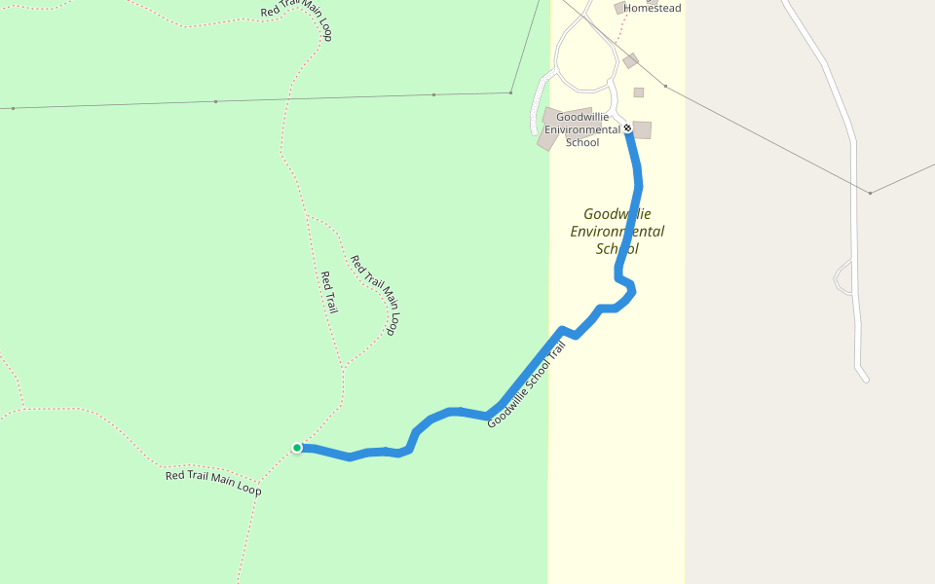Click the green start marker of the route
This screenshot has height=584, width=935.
[x=297, y=448]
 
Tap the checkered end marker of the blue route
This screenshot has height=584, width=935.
[x=628, y=128]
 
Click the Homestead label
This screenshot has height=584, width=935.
[x=652, y=8]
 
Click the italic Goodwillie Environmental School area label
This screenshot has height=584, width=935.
[x=617, y=231]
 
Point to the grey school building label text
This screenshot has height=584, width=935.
[x=582, y=129]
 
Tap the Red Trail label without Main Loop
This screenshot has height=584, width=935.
[x=329, y=292]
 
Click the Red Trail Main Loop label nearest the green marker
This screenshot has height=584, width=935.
[x=213, y=482]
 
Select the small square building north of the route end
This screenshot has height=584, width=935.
[x=639, y=92]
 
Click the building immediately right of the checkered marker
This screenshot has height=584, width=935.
[x=642, y=129]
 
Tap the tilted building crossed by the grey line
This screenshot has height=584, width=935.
[x=630, y=60]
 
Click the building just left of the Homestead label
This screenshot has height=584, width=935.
[x=619, y=8]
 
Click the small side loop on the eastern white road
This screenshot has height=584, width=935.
[x=843, y=276]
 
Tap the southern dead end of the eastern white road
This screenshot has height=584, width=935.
[x=864, y=378]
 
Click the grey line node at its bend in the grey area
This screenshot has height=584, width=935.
[x=870, y=193]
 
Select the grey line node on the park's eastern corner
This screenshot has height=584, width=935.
[x=511, y=92]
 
